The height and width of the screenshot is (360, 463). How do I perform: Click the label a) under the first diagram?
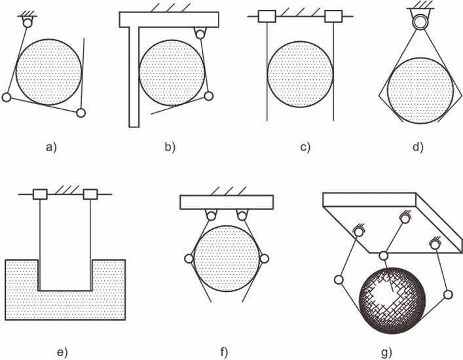click(x=51, y=147)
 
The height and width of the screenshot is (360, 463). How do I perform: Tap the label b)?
click(x=170, y=147)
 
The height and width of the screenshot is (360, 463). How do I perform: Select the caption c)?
click(x=305, y=147)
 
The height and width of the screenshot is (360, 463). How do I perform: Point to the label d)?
click(x=418, y=147)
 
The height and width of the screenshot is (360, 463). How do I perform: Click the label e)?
click(x=62, y=352)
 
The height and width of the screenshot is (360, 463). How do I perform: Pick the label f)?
click(x=224, y=352)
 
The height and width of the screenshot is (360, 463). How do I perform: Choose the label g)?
click(x=386, y=352)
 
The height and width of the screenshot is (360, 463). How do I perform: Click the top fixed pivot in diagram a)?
click(x=27, y=23)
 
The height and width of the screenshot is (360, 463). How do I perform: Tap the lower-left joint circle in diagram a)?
click(x=6, y=97)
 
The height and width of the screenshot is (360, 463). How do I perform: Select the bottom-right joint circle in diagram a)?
click(x=81, y=113)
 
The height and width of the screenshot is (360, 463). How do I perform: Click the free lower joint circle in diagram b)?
click(x=209, y=96)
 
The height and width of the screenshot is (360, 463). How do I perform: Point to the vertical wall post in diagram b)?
click(x=134, y=77)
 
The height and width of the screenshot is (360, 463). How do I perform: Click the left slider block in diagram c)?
click(x=267, y=16)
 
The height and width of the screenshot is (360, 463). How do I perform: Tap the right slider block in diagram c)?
click(x=333, y=16)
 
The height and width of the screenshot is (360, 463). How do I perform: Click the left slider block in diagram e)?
click(x=40, y=194)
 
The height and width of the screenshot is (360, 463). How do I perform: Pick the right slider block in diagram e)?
click(x=90, y=194)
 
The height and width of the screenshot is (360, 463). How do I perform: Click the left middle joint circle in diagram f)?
click(x=189, y=259)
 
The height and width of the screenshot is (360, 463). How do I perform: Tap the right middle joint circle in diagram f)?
click(x=264, y=259)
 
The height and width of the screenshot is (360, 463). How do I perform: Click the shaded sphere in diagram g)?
click(x=392, y=300)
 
